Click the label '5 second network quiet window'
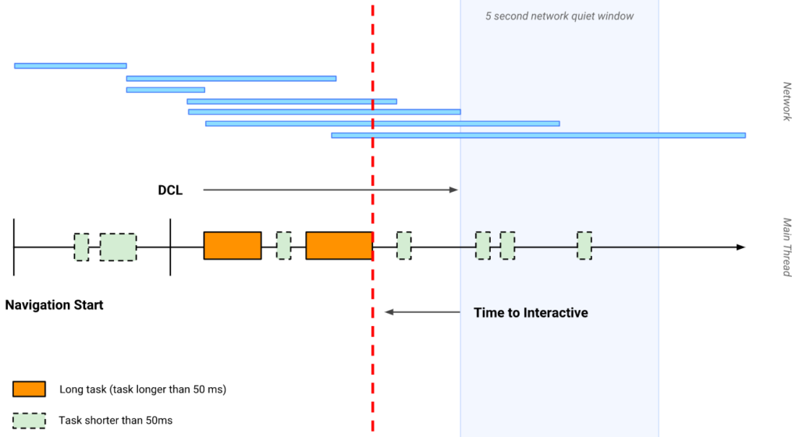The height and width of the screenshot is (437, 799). (x=559, y=16)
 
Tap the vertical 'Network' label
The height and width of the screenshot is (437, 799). (x=787, y=101)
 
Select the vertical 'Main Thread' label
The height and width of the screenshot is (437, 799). (x=787, y=247)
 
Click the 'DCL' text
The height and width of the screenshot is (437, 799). (x=169, y=190)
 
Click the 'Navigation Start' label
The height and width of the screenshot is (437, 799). (x=54, y=305)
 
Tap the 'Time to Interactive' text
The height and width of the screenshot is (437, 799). (x=531, y=313)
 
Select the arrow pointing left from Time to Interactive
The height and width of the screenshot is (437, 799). (x=422, y=312)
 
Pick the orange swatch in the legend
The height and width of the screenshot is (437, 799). (x=29, y=389)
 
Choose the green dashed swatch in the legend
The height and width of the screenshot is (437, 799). (x=29, y=421)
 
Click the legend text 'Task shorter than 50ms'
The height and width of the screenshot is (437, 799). (x=115, y=421)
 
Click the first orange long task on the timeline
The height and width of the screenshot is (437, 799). (x=233, y=246)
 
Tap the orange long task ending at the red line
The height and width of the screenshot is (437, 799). (x=339, y=246)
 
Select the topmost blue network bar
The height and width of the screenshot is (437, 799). (x=70, y=66)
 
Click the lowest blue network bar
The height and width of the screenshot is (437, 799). (x=538, y=135)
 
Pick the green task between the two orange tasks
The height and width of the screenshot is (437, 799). (x=284, y=246)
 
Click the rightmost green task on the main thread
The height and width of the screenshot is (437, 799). (x=584, y=246)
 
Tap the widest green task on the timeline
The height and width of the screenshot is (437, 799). (x=118, y=247)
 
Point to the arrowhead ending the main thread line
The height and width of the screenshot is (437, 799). (x=740, y=247)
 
